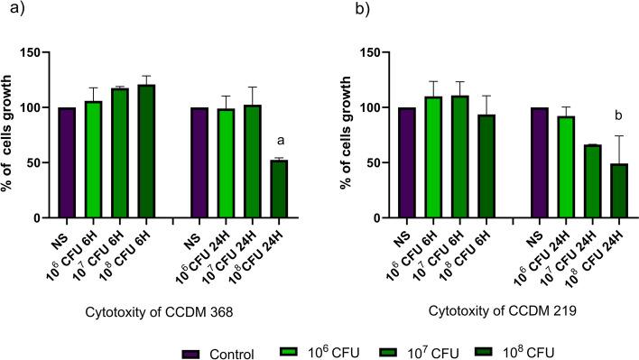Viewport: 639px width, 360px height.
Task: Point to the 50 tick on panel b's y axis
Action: pyautogui.click(x=366, y=162)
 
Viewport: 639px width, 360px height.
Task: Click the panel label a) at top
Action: pyautogui.click(x=12, y=12)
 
